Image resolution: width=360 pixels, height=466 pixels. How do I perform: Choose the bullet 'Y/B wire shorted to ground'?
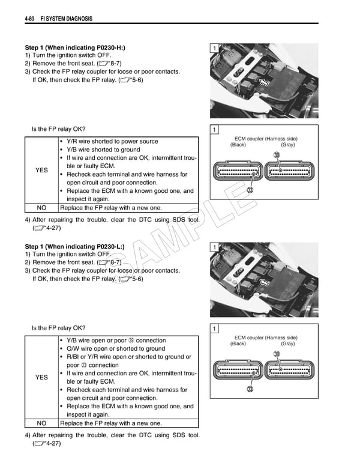tap(103, 150)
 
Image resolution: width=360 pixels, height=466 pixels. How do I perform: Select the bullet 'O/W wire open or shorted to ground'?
tap(115, 348)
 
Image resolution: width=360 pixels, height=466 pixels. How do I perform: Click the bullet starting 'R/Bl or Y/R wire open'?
tap(128, 357)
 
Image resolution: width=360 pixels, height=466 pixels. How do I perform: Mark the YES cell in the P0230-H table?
tap(41, 171)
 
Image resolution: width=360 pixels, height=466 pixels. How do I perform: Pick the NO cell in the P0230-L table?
tap(41, 423)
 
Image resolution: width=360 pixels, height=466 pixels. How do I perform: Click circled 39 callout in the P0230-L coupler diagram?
tap(277, 354)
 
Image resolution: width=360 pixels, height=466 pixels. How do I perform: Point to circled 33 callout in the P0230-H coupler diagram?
tap(250, 190)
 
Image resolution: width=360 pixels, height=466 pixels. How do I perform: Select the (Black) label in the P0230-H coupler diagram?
tap(238, 145)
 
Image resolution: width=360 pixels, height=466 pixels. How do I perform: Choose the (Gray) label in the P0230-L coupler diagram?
tap(287, 343)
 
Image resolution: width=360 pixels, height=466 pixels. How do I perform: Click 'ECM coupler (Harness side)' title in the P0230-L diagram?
tap(265, 337)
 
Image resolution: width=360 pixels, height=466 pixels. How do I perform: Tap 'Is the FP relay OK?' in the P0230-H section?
tap(58, 129)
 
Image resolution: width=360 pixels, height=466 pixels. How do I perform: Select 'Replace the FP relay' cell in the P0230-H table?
tap(111, 208)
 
